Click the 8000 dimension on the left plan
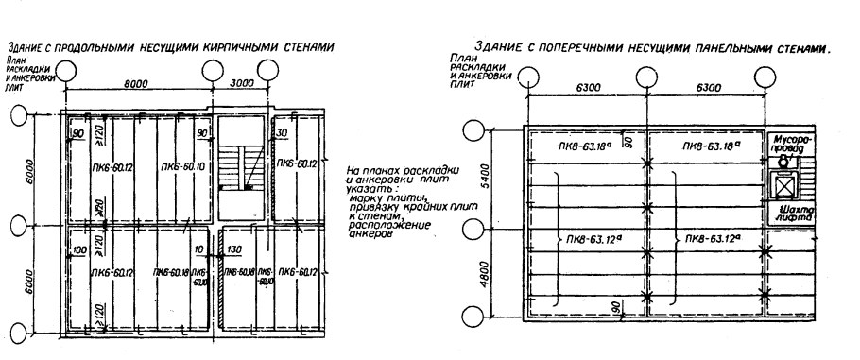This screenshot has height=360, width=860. coord(138,83)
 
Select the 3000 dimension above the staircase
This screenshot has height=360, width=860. coord(244,83)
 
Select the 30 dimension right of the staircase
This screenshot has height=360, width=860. coord(282,133)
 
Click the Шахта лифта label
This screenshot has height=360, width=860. coord(789,213)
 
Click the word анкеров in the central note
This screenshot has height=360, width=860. coord(370,233)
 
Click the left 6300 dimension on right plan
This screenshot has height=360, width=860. coord(587,87)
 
